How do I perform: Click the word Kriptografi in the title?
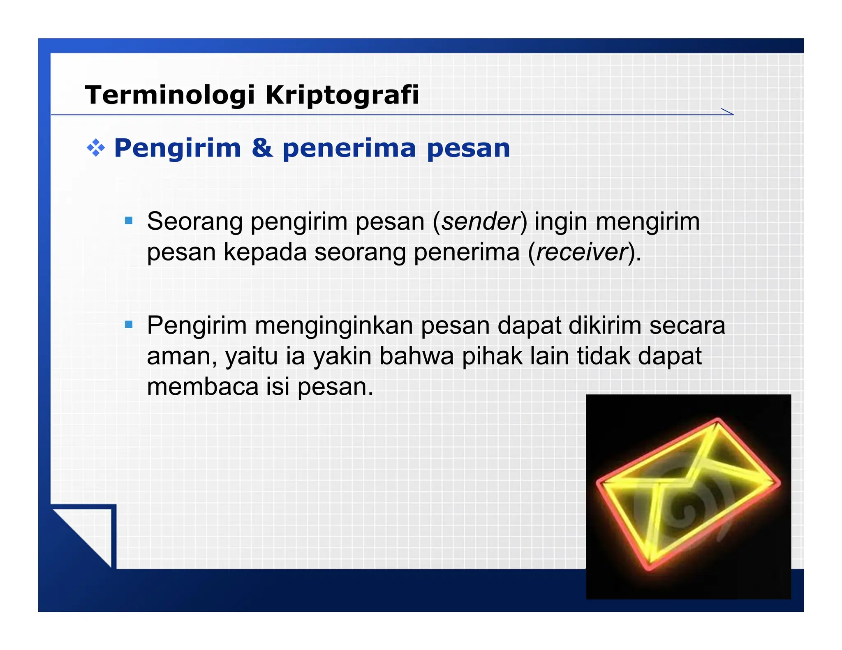coord(342,95)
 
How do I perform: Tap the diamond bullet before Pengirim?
coord(96,148)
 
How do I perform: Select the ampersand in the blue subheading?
coord(262,148)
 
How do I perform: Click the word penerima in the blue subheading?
coord(349,148)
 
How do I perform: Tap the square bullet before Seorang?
coord(129,221)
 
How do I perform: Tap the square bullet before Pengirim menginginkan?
coord(129,325)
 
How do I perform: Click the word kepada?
coord(265,252)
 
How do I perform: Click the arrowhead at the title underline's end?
coord(727,112)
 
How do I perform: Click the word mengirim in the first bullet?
coord(648,222)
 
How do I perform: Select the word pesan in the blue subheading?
coord(468,148)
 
